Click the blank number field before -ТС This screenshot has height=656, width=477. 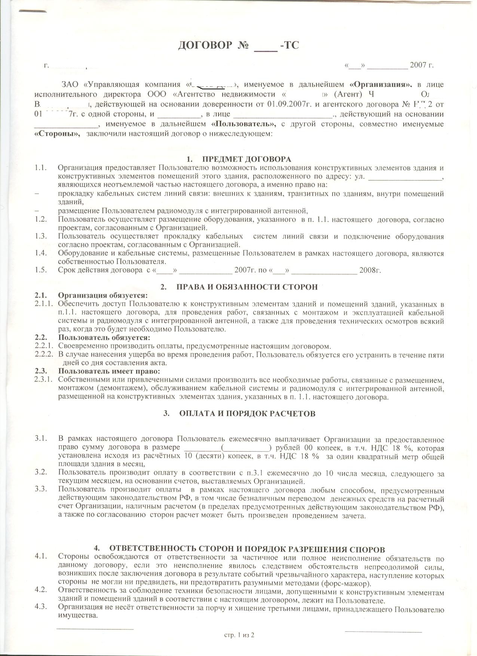pos(266,48)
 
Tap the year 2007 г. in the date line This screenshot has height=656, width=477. pos(422,65)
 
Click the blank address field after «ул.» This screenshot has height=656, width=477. pos(406,178)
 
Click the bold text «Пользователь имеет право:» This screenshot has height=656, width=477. pos(109,371)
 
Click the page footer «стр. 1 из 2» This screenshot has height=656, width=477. pos(239,635)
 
